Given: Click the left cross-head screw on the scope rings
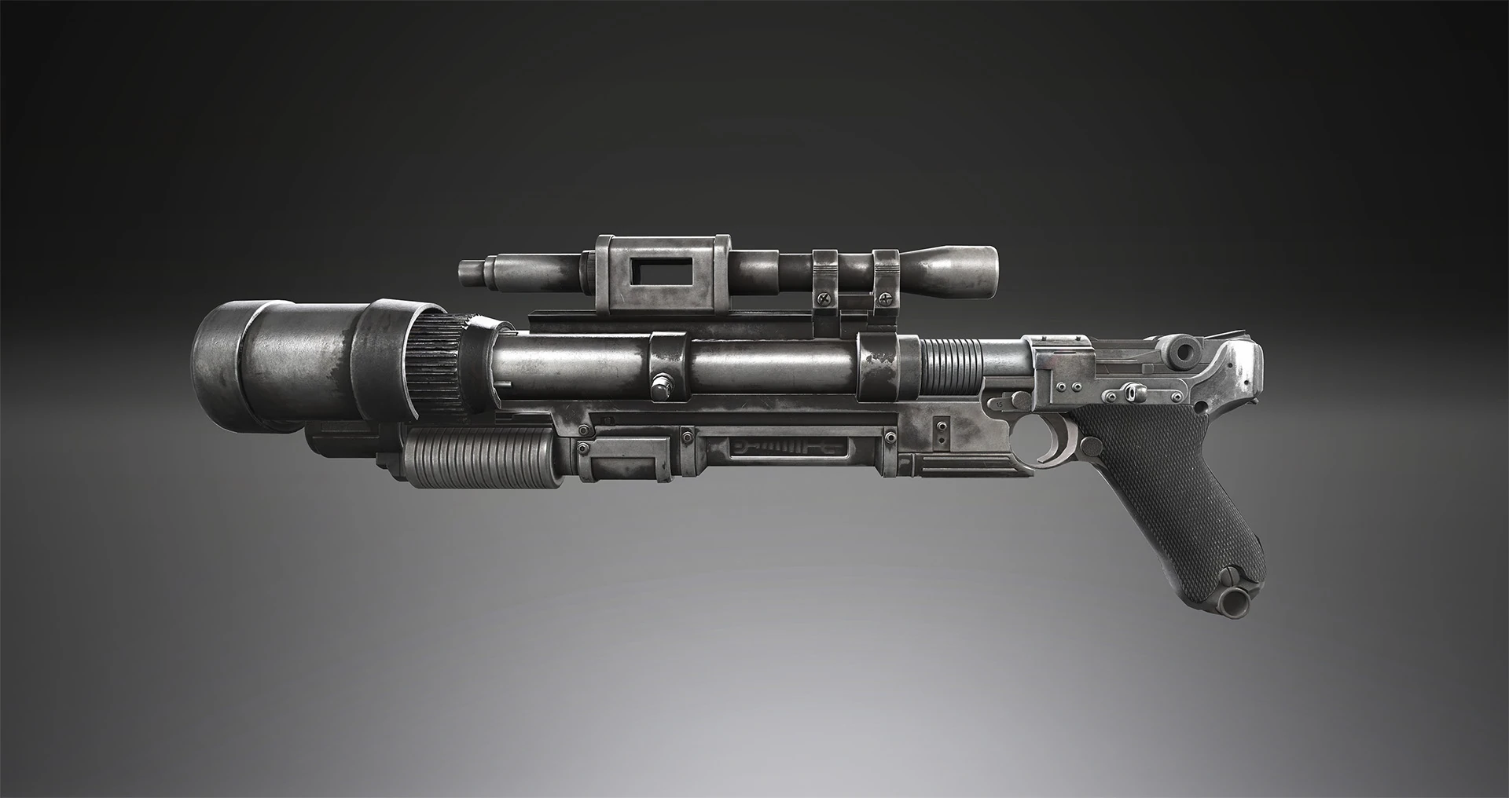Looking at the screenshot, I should tap(824, 298).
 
